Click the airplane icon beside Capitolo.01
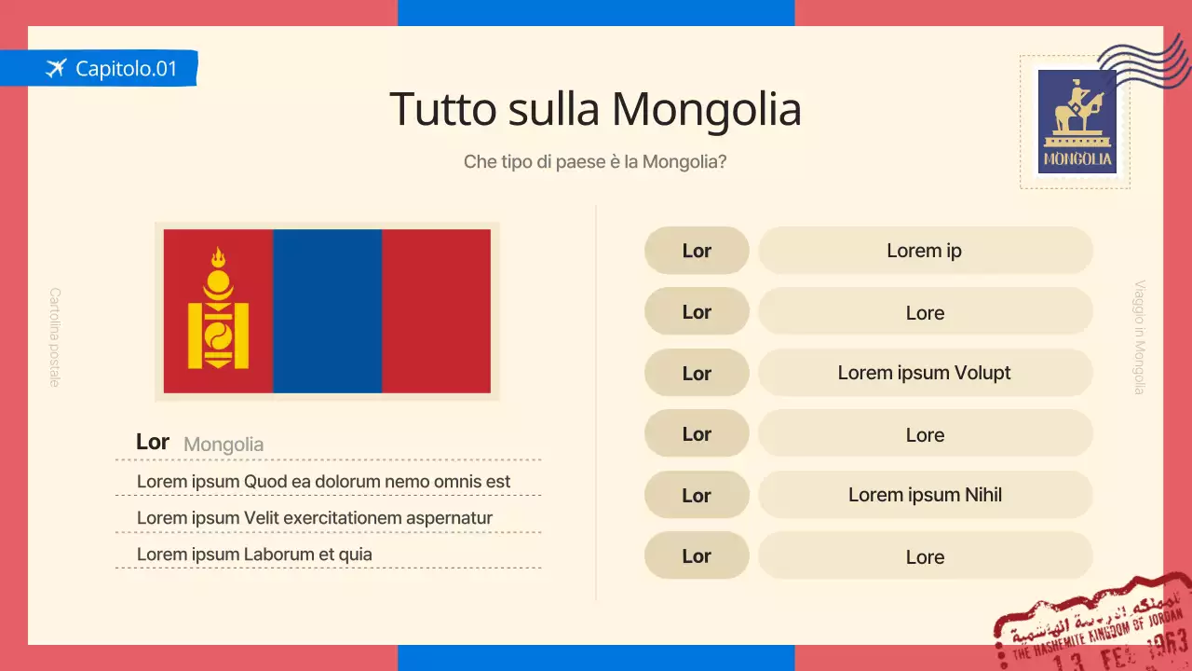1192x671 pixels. (x=56, y=68)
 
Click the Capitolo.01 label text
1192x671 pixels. (x=126, y=68)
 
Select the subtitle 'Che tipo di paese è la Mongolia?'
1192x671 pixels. (x=595, y=161)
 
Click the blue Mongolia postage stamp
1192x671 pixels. (x=1077, y=121)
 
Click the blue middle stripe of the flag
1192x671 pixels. (x=327, y=311)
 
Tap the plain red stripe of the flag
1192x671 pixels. (x=436, y=311)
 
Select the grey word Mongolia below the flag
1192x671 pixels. (x=223, y=445)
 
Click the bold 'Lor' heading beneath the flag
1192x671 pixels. (x=152, y=442)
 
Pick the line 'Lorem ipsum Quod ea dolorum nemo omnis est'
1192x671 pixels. (x=323, y=482)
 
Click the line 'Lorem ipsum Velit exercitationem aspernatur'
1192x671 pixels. (x=314, y=518)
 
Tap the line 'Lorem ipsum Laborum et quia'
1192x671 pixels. (x=254, y=555)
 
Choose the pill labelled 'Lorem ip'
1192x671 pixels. (x=925, y=251)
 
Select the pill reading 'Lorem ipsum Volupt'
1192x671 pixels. (x=925, y=373)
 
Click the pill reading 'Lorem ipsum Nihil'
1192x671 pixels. (x=925, y=495)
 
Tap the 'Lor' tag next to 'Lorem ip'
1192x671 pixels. (x=697, y=251)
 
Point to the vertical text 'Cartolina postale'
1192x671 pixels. (x=54, y=336)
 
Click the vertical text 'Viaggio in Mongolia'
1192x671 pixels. (x=1139, y=337)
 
